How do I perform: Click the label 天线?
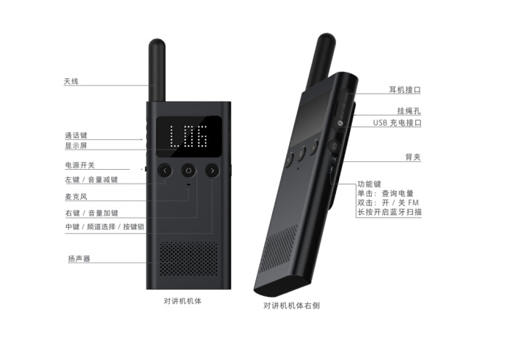point(71,81)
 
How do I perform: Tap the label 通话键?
point(75,135)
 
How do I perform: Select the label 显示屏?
point(75,146)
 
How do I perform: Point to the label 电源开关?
point(80,165)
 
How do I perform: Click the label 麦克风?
point(75,197)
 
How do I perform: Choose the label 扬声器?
point(79,258)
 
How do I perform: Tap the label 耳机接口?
point(405,90)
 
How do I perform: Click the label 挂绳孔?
point(409,110)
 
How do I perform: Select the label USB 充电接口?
point(397,123)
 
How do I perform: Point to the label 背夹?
point(413,157)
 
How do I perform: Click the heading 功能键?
point(369,184)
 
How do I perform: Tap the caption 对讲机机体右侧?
point(292,306)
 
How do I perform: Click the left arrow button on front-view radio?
point(165,171)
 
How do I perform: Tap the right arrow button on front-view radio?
point(212,171)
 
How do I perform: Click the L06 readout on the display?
point(188,136)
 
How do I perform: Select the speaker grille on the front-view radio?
point(189,258)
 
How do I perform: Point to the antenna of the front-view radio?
point(157,70)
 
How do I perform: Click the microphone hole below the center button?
point(189,184)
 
